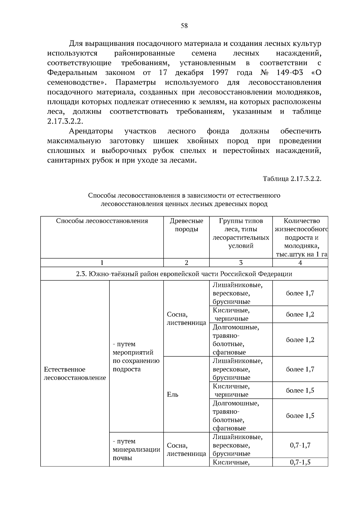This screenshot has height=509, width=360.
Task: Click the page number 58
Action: coord(184,26)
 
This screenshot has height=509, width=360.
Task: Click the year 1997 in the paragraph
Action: coord(220,73)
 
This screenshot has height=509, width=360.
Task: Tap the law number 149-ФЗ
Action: coord(288,73)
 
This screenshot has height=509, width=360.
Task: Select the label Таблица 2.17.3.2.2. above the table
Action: coord(292,179)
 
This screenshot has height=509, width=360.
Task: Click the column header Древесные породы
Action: coord(186,225)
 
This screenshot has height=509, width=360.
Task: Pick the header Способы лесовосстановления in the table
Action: coord(102,221)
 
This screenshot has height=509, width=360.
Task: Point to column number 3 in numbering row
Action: coord(241,263)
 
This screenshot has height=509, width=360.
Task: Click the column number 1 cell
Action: coord(102,263)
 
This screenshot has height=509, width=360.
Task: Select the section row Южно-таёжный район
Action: coord(184,274)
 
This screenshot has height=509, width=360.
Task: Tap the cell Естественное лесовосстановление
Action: coord(75,373)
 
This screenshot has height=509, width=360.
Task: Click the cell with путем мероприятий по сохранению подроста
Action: coord(136,356)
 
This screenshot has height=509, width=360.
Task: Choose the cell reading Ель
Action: coord(172,394)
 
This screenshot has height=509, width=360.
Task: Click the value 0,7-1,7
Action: coord(300,445)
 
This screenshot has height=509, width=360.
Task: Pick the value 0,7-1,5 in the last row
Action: coord(300,462)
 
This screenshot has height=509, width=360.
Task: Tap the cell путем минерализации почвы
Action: coord(136,450)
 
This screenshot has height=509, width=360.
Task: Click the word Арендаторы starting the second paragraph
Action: coord(91,131)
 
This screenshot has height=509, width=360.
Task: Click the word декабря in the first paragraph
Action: coord(189,73)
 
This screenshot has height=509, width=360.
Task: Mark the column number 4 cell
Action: coord(300,263)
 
